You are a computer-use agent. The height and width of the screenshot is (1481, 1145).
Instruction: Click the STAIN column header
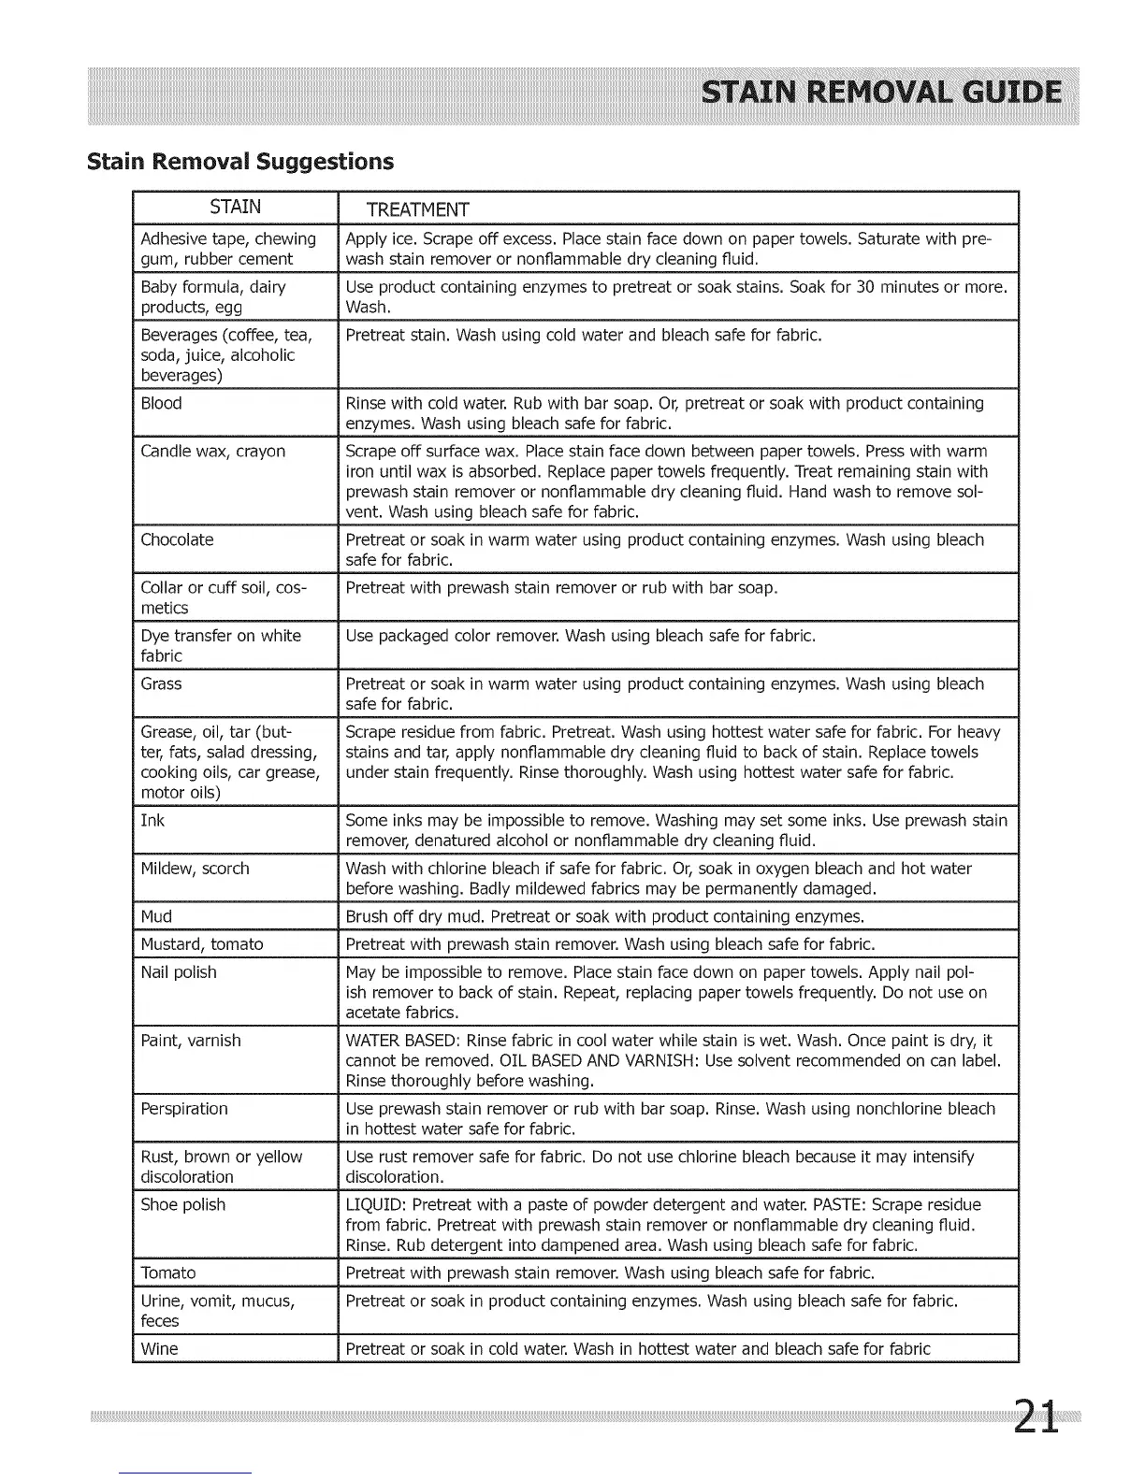(x=235, y=207)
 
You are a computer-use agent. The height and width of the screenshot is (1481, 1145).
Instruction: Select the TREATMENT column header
(x=417, y=208)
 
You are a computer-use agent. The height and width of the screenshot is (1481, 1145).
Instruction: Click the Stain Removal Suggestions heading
(x=239, y=162)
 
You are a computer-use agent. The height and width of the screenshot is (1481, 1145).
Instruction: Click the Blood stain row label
(x=161, y=404)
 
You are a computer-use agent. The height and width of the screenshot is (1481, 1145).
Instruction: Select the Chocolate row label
(x=177, y=540)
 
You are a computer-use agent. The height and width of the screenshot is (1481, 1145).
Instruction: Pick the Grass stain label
(x=161, y=684)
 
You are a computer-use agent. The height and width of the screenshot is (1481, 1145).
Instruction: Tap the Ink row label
(x=152, y=821)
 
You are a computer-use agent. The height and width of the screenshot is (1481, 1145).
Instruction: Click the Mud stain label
(x=156, y=916)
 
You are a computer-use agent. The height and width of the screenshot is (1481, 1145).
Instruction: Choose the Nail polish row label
(x=179, y=972)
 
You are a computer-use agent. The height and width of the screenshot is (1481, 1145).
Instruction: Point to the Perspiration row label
(x=184, y=1109)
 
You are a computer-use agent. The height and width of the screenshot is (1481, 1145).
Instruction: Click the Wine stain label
(x=159, y=1349)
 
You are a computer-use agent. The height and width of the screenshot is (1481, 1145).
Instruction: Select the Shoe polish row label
(x=183, y=1205)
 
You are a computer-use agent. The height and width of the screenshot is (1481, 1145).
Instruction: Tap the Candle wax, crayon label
(x=213, y=452)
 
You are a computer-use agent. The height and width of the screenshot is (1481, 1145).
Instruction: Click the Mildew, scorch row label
(x=195, y=869)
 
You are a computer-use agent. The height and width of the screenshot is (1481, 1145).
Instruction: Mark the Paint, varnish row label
(x=191, y=1041)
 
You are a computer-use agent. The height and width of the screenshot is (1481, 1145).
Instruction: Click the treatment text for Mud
(x=604, y=916)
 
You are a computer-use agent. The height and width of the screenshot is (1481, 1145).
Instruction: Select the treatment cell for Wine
(x=638, y=1349)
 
